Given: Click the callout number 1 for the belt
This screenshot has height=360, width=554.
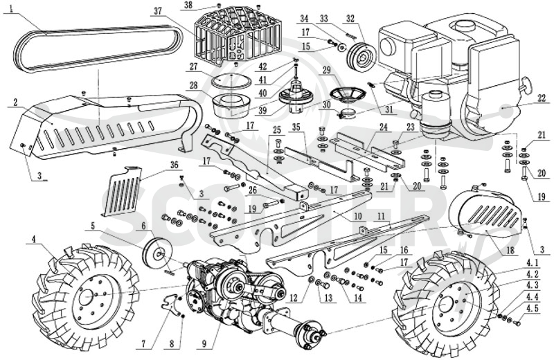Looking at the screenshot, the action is pyautogui.click(x=12, y=8).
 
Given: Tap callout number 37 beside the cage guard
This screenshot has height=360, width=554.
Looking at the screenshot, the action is pyautogui.click(x=158, y=11).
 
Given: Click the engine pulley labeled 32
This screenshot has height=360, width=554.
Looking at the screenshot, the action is pyautogui.click(x=361, y=56).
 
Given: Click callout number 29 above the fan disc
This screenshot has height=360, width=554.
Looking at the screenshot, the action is pyautogui.click(x=326, y=70).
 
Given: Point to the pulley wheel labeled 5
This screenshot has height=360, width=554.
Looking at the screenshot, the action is pyautogui.click(x=155, y=253).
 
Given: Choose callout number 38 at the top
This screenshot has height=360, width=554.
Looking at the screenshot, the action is pyautogui.click(x=189, y=5).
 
